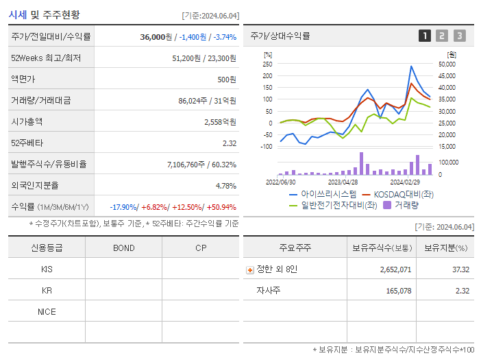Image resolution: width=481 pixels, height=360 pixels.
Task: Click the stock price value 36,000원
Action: pyautogui.click(x=155, y=37)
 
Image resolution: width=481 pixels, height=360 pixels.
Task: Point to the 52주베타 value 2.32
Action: pyautogui.click(x=229, y=143)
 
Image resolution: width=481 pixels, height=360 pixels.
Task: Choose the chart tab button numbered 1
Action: pyautogui.click(x=425, y=36)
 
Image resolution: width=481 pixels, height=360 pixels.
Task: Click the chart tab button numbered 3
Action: pyautogui.click(x=459, y=36)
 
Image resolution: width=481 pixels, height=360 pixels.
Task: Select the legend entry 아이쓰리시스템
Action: pyautogui.click(x=323, y=195)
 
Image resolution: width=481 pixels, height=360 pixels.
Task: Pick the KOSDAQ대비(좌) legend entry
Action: pyautogui.click(x=398, y=195)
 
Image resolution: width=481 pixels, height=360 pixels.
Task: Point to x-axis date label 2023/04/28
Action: pyautogui.click(x=343, y=182)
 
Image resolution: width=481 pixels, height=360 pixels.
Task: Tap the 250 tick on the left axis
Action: pyautogui.click(x=267, y=64)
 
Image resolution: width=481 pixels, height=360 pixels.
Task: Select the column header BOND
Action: pyautogui.click(x=123, y=248)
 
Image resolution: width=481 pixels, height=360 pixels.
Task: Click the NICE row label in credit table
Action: pyautogui.click(x=47, y=311)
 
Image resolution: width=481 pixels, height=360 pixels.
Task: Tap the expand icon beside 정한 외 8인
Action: pyautogui.click(x=249, y=269)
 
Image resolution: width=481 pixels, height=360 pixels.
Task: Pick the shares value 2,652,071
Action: pyautogui.click(x=395, y=269)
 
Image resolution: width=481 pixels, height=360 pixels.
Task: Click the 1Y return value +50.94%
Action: pyautogui.click(x=219, y=207)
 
